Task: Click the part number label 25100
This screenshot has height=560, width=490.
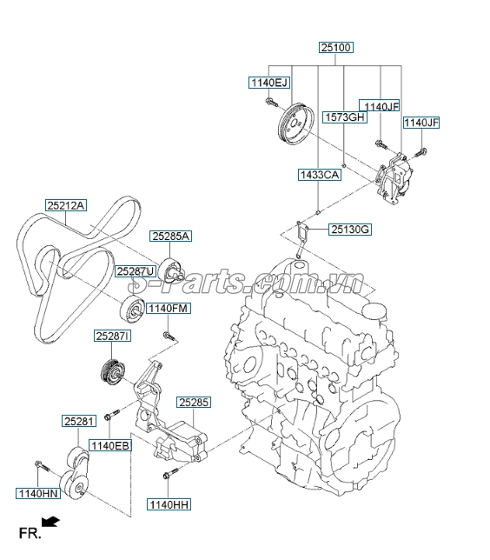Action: click(335, 49)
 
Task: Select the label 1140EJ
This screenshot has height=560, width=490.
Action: click(268, 83)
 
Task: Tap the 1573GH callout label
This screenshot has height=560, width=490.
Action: click(344, 116)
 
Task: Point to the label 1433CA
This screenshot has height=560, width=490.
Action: click(320, 175)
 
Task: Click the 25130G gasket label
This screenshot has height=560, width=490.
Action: click(350, 230)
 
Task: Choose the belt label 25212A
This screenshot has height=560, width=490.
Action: click(67, 205)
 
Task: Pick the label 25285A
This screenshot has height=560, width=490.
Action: click(170, 236)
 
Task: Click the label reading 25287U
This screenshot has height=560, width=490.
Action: click(136, 271)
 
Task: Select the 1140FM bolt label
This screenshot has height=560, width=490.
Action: click(168, 308)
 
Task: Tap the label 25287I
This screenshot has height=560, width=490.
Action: click(113, 336)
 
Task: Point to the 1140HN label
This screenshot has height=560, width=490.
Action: click(36, 493)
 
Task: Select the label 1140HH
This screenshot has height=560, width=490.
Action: click(168, 503)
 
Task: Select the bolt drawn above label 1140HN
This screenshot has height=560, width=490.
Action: click(40, 466)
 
